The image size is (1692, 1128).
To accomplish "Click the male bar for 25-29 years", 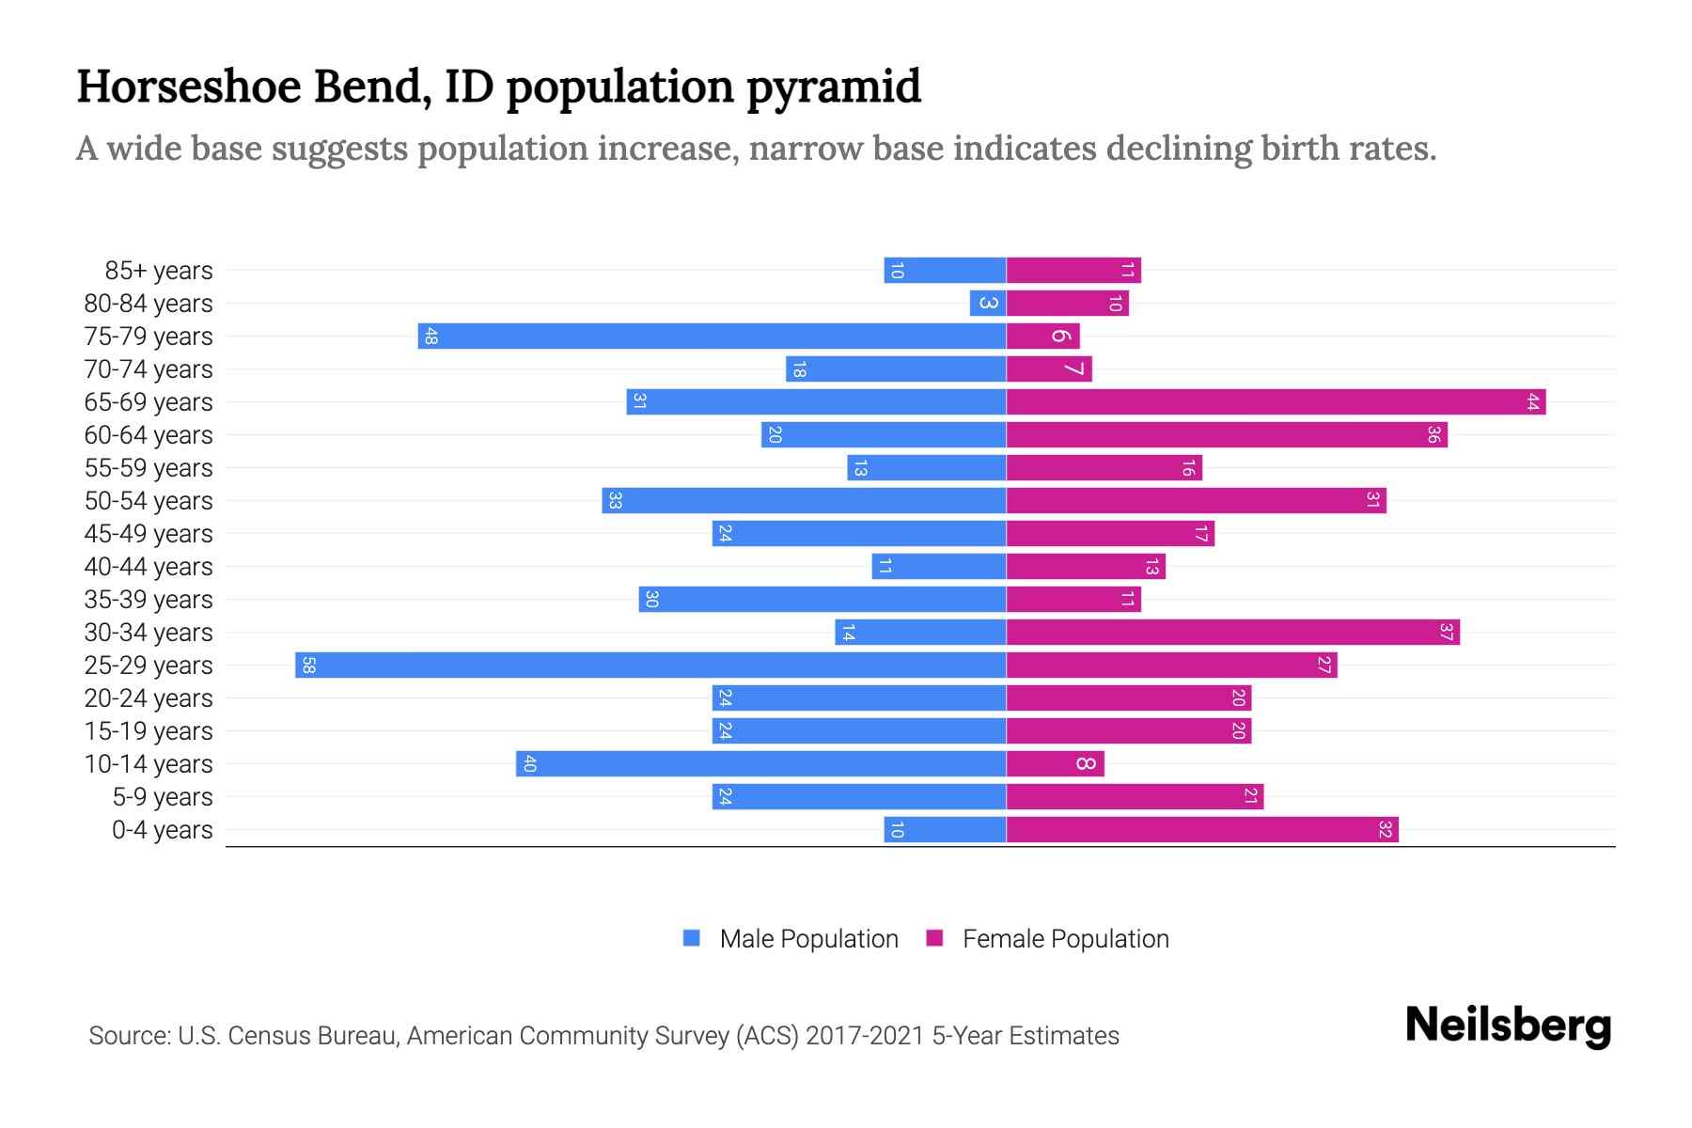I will pos(650,666).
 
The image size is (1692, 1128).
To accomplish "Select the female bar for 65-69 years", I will pos(1276,402).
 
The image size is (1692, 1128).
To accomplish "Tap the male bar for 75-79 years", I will pos(712,337).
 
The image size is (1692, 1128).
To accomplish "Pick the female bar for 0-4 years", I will pos(1202,830).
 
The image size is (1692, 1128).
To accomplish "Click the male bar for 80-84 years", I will pos(988,304).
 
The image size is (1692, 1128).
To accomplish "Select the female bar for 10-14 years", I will pos(1055,764).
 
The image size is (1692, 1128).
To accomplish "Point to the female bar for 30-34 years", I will pos(1232,633).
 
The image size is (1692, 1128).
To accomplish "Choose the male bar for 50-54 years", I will pos(804,501).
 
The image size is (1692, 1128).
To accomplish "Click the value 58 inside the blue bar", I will pos(308,666).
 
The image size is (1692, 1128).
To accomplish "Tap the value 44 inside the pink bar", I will pos(1532,402).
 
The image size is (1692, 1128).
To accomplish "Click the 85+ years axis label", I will pos(158,271).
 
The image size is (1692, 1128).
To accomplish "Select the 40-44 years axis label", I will pos(149,567).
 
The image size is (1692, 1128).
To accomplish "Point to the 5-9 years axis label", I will pos(162,797).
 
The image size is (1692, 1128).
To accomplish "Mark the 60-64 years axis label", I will pos(149,435).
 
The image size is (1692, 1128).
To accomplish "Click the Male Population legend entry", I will pos(807,939).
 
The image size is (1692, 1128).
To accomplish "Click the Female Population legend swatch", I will pos(934,938).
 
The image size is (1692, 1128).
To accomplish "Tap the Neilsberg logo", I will pos(1508,1026).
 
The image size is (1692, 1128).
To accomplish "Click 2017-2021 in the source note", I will pos(864,1036).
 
